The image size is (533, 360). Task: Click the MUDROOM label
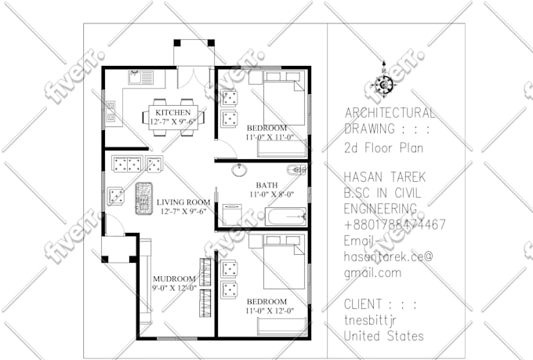click(173, 278)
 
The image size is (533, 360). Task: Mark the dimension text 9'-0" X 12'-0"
click(173, 288)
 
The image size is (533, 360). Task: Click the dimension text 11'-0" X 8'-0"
click(271, 195)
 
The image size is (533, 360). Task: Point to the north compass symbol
click(383, 84)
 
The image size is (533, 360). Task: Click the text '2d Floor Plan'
click(383, 147)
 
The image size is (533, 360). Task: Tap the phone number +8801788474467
click(395, 224)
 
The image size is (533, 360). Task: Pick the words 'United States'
click(384, 336)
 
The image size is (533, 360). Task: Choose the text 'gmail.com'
click(372, 273)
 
